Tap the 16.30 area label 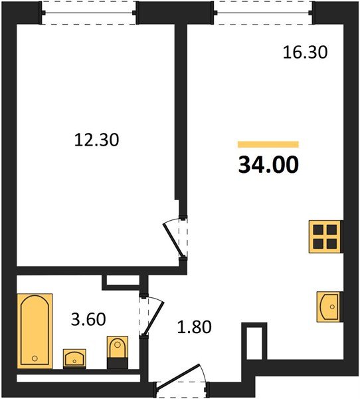pyautogui.click(x=305, y=53)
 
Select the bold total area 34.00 pyautogui.click(x=268, y=164)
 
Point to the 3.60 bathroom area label pyautogui.click(x=88, y=319)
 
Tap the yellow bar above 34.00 pyautogui.click(x=268, y=144)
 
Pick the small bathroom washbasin pyautogui.click(x=74, y=357)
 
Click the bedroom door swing pyautogui.click(x=175, y=237)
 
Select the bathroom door pyautogui.click(x=151, y=315)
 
